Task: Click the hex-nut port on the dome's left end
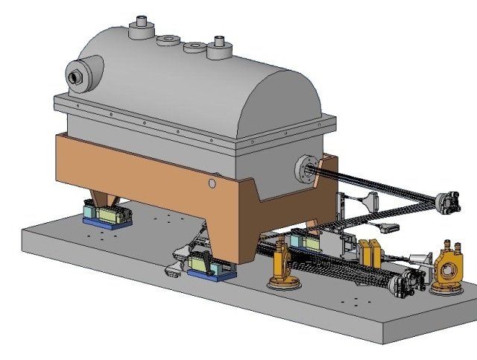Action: click(x=75, y=76)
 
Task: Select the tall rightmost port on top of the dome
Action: click(x=219, y=46)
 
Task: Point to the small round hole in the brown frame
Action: click(x=212, y=182)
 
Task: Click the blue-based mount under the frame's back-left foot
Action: click(x=107, y=217)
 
